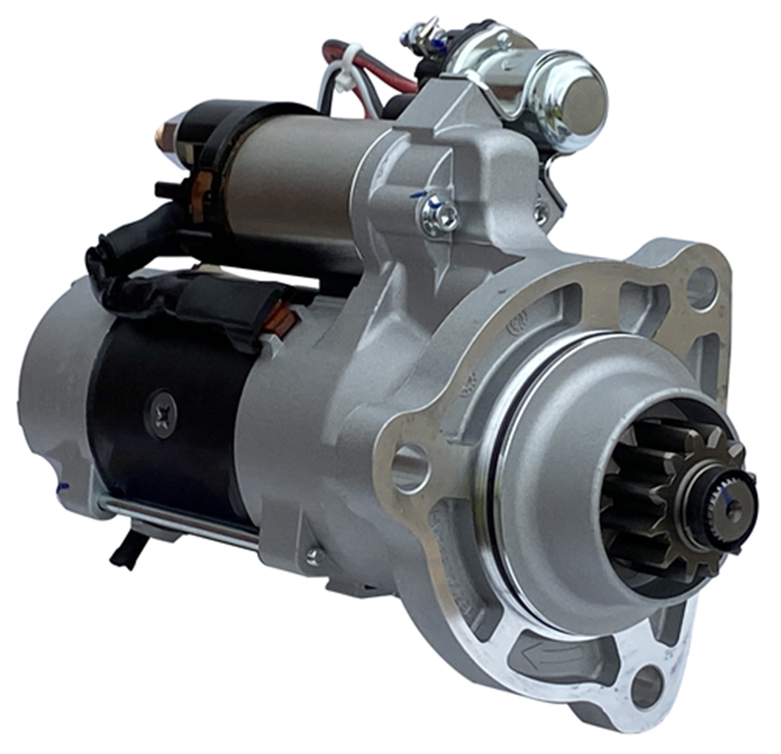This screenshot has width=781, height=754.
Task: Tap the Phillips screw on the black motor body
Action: (x=161, y=414)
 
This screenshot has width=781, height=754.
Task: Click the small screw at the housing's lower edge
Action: (x=315, y=555)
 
